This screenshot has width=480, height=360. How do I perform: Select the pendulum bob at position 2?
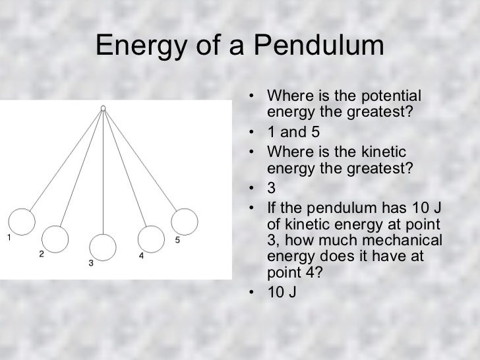(x=55, y=237)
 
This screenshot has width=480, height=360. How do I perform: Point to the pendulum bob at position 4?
(x=150, y=237)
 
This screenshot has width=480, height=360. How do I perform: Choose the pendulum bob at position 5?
(x=184, y=220)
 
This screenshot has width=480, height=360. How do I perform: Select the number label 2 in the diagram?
(x=41, y=254)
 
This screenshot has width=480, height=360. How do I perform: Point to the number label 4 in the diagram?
(x=141, y=255)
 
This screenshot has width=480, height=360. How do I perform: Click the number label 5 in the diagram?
(x=177, y=240)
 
